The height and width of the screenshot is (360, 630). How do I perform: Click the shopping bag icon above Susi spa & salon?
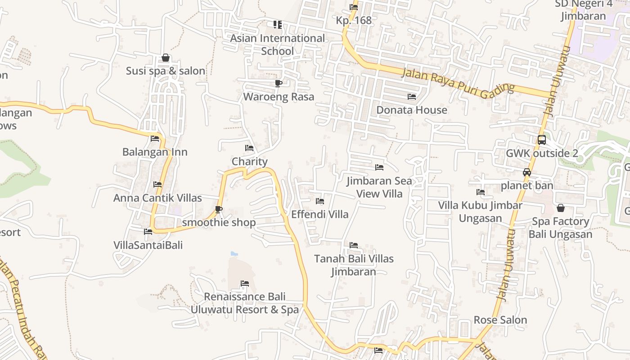coord(166,58)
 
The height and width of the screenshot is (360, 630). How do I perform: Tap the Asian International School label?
coord(277,45)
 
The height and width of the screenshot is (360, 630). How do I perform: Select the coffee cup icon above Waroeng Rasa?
coord(279,83)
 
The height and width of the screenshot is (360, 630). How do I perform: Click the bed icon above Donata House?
coord(412,97)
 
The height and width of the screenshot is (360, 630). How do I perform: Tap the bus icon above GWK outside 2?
coord(542,140)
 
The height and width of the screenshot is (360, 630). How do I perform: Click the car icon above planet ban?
coord(527,172)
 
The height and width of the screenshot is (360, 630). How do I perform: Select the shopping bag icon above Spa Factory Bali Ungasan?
coord(561,208)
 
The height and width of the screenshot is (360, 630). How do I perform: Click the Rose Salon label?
coord(500,320)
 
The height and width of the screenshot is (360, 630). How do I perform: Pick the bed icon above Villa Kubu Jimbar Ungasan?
coord(481,192)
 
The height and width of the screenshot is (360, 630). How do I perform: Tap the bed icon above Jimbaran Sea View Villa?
coord(379,167)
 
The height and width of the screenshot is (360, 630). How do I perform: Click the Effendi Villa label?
coord(320,214)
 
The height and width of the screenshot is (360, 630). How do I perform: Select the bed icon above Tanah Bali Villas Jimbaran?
coord(354,245)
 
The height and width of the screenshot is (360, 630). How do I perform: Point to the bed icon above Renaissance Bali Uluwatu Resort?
coord(245,283)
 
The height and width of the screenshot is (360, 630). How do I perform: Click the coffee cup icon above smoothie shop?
coord(219,209)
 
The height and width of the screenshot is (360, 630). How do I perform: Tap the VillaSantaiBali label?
coord(148,245)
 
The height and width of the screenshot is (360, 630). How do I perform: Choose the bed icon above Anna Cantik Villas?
coord(157,184)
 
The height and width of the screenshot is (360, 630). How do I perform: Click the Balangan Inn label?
coord(155,152)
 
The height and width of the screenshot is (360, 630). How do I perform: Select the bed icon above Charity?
coord(249,148)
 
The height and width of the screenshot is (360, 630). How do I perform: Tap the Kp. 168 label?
coord(354,20)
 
